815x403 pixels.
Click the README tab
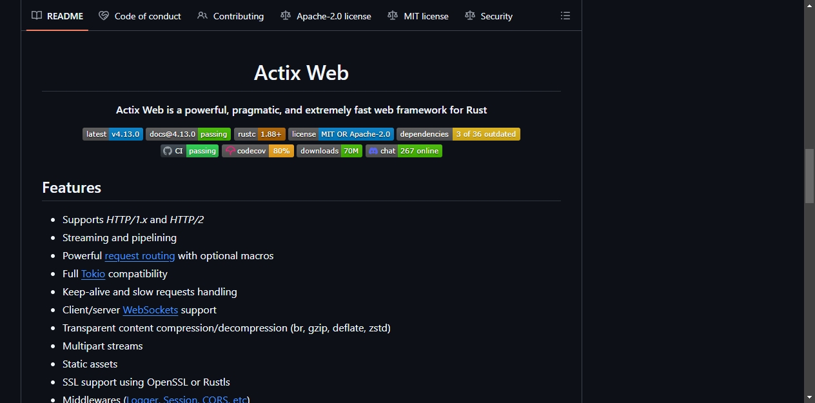click(x=57, y=16)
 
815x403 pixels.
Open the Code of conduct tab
click(x=140, y=16)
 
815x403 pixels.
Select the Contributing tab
click(x=230, y=16)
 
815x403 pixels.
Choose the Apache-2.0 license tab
click(x=326, y=16)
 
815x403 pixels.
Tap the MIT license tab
click(x=418, y=16)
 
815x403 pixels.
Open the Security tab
click(x=488, y=16)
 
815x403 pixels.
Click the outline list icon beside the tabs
click(x=565, y=15)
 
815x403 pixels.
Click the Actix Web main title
click(x=301, y=72)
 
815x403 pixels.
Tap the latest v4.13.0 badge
click(x=113, y=134)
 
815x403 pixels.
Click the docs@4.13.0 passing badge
click(x=188, y=134)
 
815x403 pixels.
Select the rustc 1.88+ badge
click(x=259, y=134)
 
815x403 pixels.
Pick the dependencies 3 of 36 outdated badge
click(x=458, y=134)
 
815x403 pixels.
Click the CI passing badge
click(x=189, y=151)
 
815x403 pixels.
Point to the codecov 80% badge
click(x=258, y=151)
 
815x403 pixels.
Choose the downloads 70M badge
click(x=329, y=151)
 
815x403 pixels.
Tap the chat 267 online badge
click(x=404, y=151)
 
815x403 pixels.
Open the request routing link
click(x=140, y=256)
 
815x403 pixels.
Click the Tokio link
click(x=93, y=273)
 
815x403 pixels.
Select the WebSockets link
click(x=150, y=310)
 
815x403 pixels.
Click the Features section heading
click(x=72, y=188)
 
